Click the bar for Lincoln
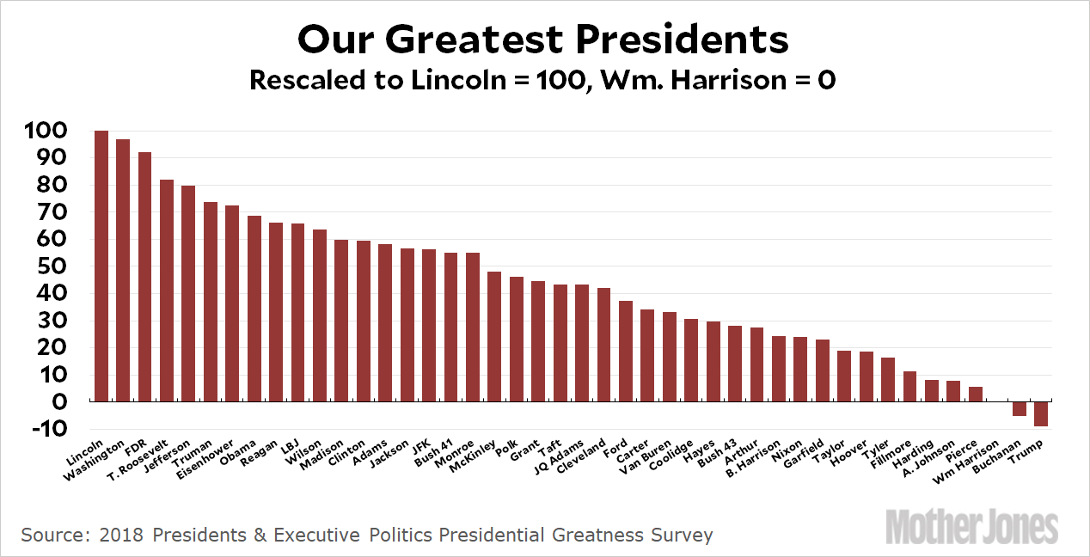point(101,266)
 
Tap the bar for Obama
point(254,309)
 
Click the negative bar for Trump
point(1041,413)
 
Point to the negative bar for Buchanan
point(1020,408)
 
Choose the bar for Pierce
point(975,394)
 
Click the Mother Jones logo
point(972,527)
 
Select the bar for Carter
point(647,355)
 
